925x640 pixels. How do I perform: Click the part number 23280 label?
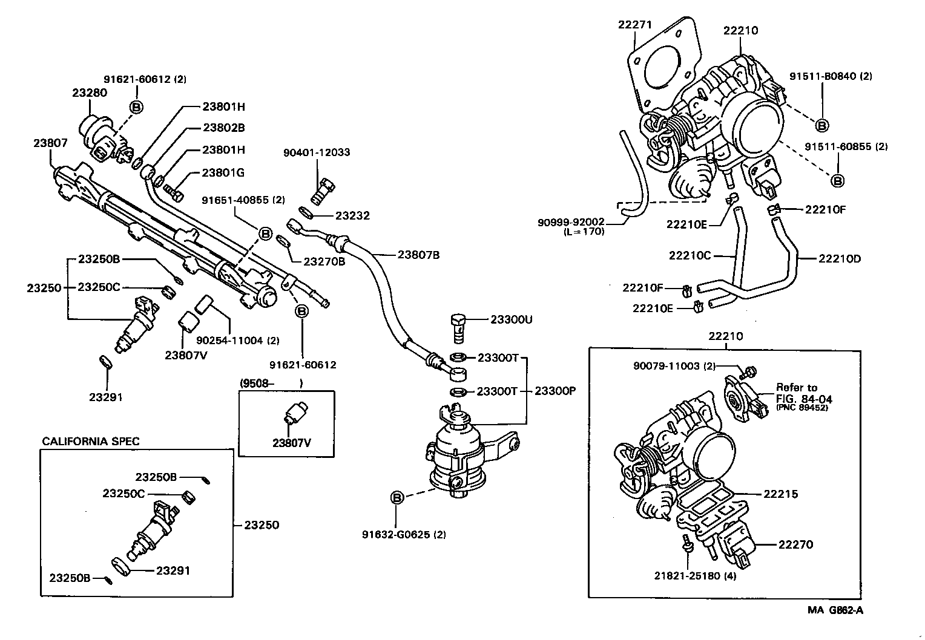coord(89,93)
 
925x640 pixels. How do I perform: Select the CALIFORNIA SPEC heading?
coord(91,441)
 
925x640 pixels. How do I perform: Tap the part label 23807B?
coord(418,255)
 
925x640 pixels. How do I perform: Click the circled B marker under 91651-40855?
coord(265,233)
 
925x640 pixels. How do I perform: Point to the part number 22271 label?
coord(634,24)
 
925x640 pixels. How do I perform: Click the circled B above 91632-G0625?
coord(397,498)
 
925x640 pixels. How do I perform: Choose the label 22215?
coord(780,494)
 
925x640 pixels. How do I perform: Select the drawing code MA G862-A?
coord(835,610)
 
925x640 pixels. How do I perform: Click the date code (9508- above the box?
coord(257,383)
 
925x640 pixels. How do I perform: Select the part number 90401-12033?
coord(317,152)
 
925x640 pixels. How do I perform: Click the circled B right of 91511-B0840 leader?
coord(822,125)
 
